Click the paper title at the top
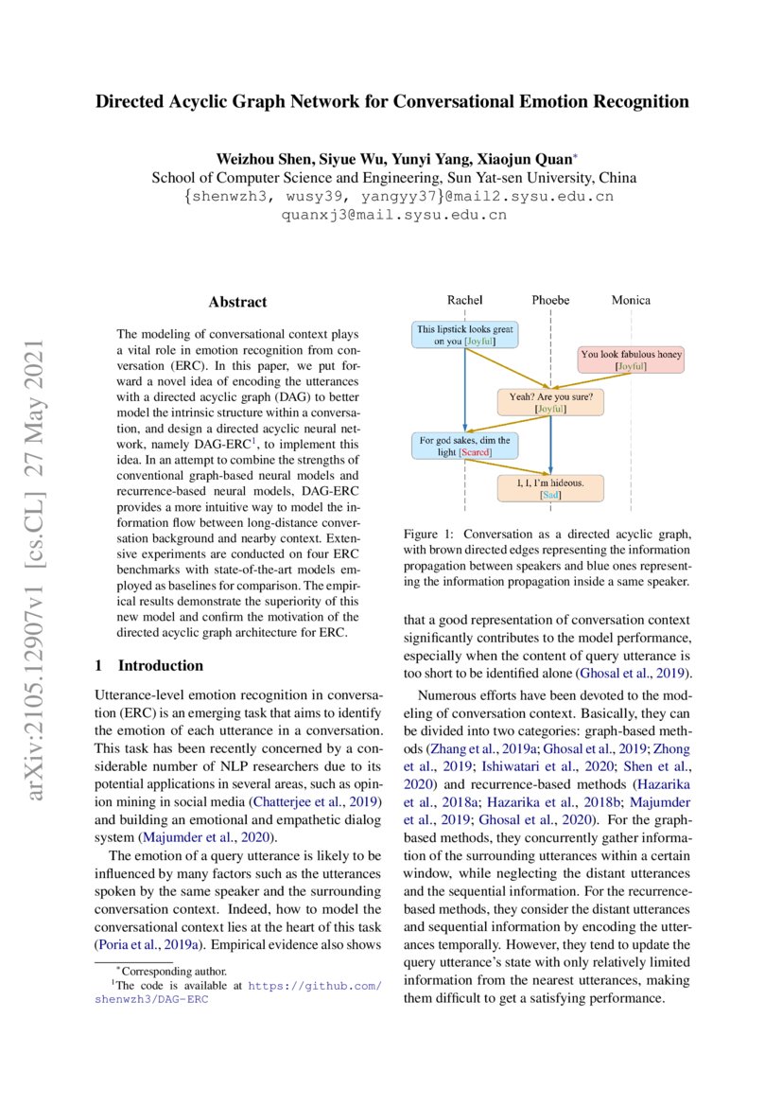click(391, 101)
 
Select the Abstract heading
click(237, 302)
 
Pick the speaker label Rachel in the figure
click(464, 300)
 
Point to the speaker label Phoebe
click(550, 300)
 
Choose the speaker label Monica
click(630, 300)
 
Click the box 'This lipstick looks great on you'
click(465, 335)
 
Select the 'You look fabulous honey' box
click(631, 360)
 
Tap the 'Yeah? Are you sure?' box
click(550, 403)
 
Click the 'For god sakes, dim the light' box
click(465, 446)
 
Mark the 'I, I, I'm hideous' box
click(549, 488)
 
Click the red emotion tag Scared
click(476, 453)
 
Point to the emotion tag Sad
click(549, 495)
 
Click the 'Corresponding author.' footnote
click(170, 971)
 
